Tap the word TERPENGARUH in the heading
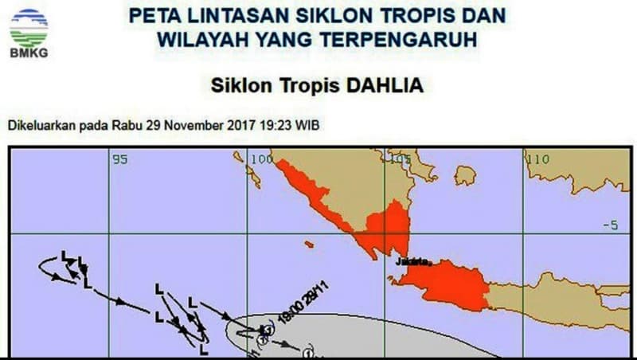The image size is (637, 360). pyautogui.click(x=408, y=38)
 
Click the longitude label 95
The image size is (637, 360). pyautogui.click(x=119, y=159)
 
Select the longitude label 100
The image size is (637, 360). pyautogui.click(x=260, y=159)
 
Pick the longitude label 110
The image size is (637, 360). pyautogui.click(x=538, y=159)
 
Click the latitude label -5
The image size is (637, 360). pyautogui.click(x=610, y=226)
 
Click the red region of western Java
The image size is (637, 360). pyautogui.click(x=446, y=285)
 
